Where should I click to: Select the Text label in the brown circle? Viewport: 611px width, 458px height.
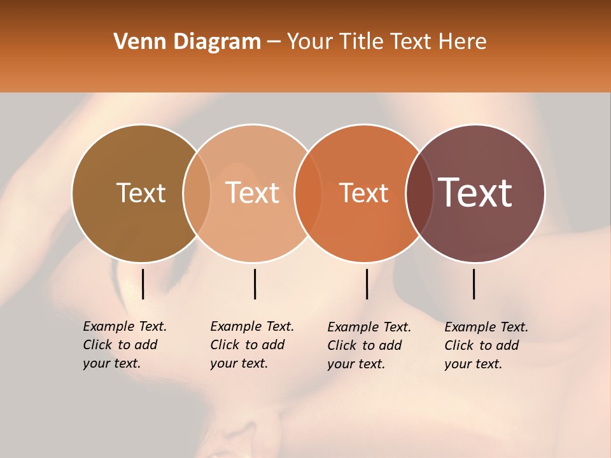pyautogui.click(x=141, y=193)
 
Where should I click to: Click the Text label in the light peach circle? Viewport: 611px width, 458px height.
pyautogui.click(x=253, y=193)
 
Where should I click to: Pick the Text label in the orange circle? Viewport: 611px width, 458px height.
pyautogui.click(x=363, y=193)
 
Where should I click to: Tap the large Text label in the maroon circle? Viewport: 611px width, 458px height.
pyautogui.click(x=475, y=193)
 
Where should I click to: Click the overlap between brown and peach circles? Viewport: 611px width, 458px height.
pyautogui.click(x=197, y=193)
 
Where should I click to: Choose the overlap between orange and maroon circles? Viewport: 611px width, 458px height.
pyautogui.click(x=419, y=193)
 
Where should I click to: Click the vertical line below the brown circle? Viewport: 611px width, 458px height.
pyautogui.click(x=143, y=284)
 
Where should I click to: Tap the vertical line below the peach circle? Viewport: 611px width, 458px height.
pyautogui.click(x=255, y=284)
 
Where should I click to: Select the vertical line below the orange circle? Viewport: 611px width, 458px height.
pyautogui.click(x=367, y=284)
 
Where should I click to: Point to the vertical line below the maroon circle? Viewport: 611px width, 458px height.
pyautogui.click(x=474, y=284)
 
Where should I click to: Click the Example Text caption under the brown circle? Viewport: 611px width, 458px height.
pyautogui.click(x=124, y=345)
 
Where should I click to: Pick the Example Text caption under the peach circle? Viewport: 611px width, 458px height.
pyautogui.click(x=251, y=345)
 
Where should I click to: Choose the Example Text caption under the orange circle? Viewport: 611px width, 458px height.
pyautogui.click(x=369, y=345)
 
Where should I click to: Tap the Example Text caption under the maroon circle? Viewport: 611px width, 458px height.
pyautogui.click(x=486, y=345)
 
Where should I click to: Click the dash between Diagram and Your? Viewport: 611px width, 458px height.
pyautogui.click(x=274, y=43)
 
